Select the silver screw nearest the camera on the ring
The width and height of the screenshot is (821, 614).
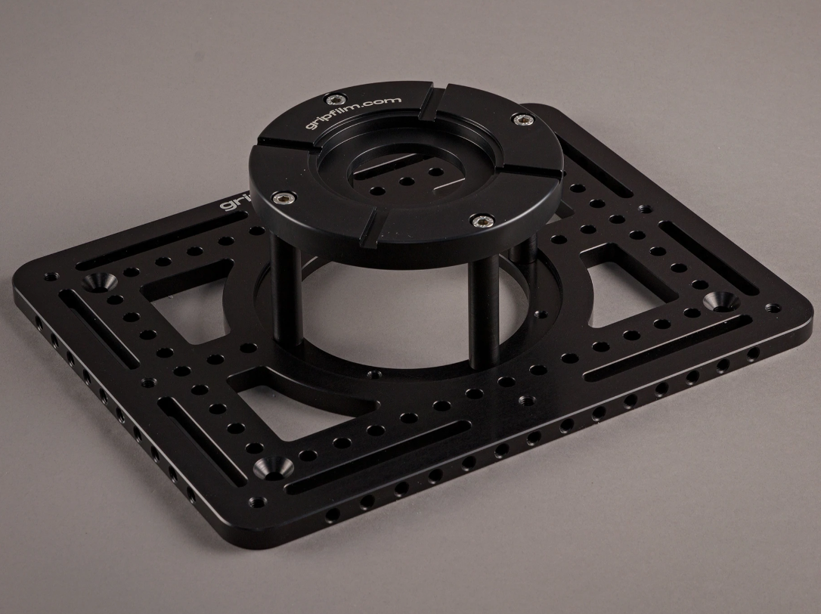(479, 220)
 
